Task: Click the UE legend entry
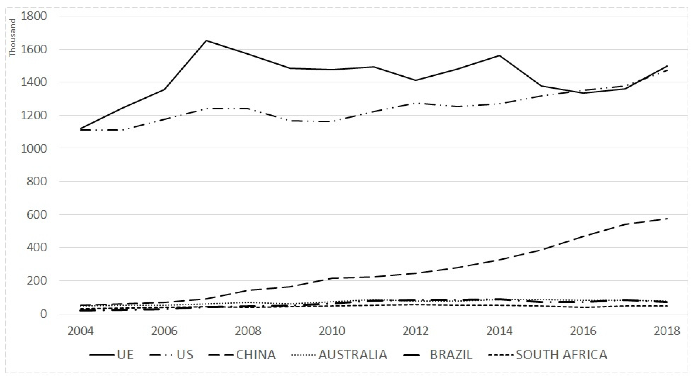click(x=125, y=354)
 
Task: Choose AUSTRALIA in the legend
click(x=353, y=354)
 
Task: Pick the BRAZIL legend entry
click(x=451, y=354)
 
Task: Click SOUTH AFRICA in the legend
click(x=562, y=354)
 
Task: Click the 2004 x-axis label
click(x=81, y=331)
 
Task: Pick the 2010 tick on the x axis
click(x=332, y=331)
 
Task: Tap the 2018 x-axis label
click(x=667, y=331)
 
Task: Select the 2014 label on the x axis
click(x=499, y=331)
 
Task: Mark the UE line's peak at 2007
click(x=206, y=40)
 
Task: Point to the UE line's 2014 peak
click(x=499, y=55)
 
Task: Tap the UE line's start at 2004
click(x=81, y=129)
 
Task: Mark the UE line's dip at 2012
click(x=415, y=80)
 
